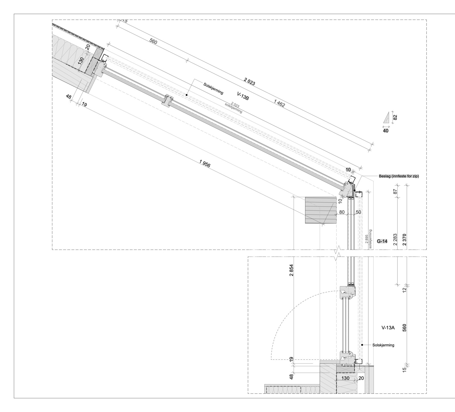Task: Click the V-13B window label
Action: click(x=243, y=96)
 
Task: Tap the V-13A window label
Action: click(x=388, y=327)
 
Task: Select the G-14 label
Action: click(x=382, y=241)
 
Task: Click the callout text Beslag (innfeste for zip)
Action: click(x=399, y=176)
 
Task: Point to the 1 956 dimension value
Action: click(x=205, y=164)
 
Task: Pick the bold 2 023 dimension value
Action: click(x=249, y=82)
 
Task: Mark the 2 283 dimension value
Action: click(x=395, y=240)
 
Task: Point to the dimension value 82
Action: click(x=395, y=117)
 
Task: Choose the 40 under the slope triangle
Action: click(x=386, y=131)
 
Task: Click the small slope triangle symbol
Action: click(x=386, y=117)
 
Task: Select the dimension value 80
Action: click(x=342, y=212)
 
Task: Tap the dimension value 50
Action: click(x=358, y=212)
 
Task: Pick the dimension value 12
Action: click(x=405, y=290)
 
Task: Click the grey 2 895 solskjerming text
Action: click(x=368, y=239)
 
